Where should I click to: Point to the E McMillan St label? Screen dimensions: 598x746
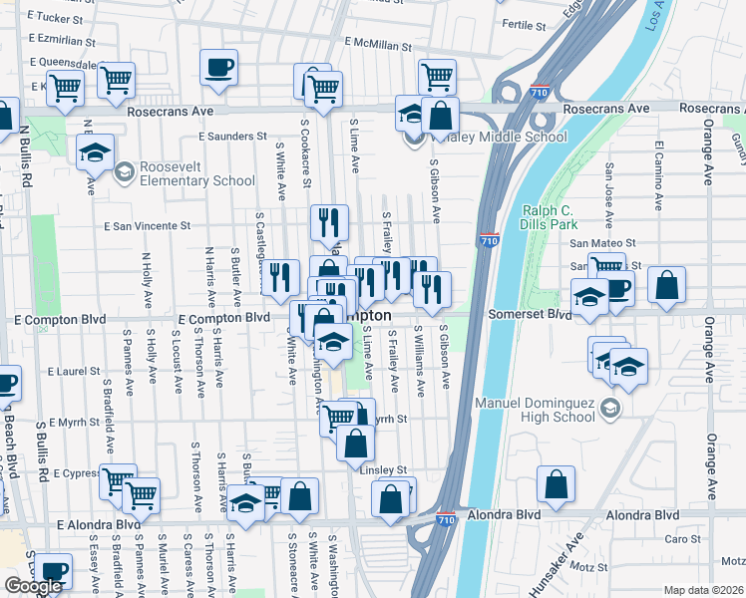coord(378,44)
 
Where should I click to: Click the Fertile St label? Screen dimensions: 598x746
coord(525,25)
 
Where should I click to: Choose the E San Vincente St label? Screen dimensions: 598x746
coord(148,226)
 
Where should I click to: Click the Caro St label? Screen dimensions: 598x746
coord(682,539)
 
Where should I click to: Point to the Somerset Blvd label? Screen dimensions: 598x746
coord(529,314)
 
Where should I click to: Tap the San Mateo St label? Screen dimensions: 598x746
coord(602,243)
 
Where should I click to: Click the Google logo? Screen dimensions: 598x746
coord(33,585)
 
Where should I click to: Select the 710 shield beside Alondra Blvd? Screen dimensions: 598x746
coord(447,519)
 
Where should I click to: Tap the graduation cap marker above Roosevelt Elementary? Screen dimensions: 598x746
coord(95,152)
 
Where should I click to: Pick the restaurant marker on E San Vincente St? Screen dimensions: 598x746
coord(329,223)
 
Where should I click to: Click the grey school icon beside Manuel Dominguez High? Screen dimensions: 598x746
coord(610,408)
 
